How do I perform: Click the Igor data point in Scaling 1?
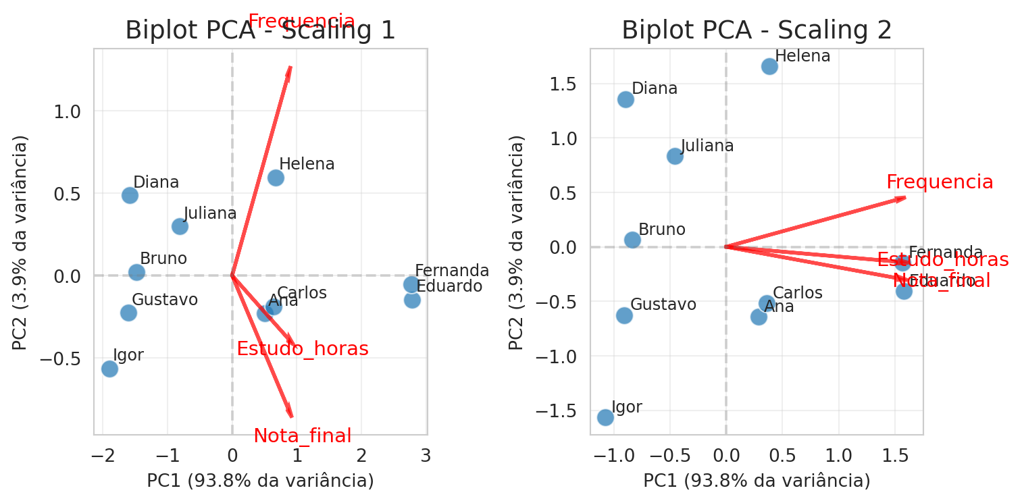(109, 369)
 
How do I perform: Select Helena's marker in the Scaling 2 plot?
(769, 66)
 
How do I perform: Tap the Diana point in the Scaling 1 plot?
(130, 195)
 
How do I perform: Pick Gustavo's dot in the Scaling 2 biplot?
(624, 315)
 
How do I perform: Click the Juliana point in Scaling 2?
(675, 156)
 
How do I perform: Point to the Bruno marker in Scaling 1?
(136, 272)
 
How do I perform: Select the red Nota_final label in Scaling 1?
(303, 436)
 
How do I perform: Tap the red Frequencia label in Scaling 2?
(940, 182)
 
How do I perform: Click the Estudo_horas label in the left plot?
(303, 349)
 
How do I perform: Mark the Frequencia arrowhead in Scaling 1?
(290, 68)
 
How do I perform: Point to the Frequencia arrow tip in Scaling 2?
(904, 198)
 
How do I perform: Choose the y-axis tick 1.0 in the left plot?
(67, 111)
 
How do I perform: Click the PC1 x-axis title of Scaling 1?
(260, 481)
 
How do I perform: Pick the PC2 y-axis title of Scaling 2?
(517, 243)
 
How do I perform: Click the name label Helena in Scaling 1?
(307, 164)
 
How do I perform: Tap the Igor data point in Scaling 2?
(605, 417)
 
